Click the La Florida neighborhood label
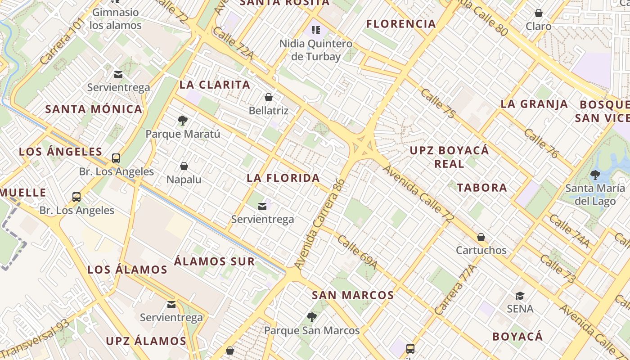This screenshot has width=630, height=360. click(x=283, y=178)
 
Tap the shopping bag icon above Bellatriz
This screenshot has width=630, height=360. click(x=269, y=97)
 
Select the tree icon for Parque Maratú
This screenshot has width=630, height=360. click(x=183, y=120)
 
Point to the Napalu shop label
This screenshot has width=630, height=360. click(x=184, y=180)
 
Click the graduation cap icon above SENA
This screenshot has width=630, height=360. click(x=520, y=296)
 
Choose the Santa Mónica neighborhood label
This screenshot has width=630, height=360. click(x=94, y=109)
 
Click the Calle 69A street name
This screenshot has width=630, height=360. click(x=357, y=252)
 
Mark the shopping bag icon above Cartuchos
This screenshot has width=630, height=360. click(x=481, y=237)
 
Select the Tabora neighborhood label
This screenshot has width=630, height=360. click(x=482, y=188)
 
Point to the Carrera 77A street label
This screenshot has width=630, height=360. click(x=455, y=290)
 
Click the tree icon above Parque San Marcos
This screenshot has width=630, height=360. click(x=311, y=317)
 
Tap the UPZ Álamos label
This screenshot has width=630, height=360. click(x=146, y=341)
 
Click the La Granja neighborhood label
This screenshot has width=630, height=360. click(x=534, y=104)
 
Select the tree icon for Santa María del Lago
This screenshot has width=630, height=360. click(x=595, y=175)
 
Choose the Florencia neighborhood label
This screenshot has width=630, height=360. click(x=401, y=24)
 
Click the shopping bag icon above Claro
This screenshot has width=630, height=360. click(x=538, y=13)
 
